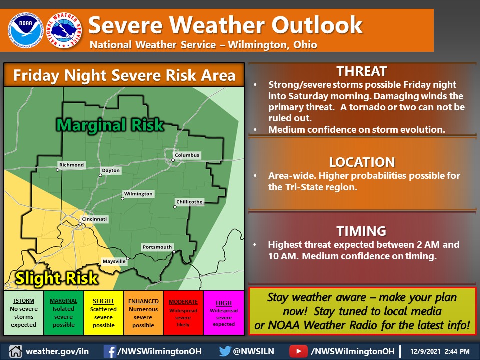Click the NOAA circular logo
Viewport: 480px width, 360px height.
[25, 30]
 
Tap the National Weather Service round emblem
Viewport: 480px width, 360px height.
[64, 30]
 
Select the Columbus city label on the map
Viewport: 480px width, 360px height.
[187, 155]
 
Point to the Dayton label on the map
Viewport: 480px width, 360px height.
[111, 170]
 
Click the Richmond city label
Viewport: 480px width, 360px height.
[71, 165]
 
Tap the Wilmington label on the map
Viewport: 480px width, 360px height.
[138, 194]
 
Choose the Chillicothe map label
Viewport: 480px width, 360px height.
[189, 202]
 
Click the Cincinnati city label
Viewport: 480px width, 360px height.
[94, 219]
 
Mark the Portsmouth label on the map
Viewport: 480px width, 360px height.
[157, 247]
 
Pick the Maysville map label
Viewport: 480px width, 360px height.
[114, 261]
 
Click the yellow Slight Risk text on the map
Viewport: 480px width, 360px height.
[57, 278]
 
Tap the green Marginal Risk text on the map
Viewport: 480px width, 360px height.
[110, 125]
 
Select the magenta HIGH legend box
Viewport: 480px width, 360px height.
[224, 313]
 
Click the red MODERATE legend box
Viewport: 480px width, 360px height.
[183, 313]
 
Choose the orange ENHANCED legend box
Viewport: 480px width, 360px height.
[143, 313]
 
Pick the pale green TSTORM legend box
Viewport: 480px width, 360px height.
[24, 313]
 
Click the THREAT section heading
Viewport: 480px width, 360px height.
[362, 71]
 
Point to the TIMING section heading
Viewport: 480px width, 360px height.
[361, 231]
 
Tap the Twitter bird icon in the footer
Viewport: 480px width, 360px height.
[225, 351]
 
